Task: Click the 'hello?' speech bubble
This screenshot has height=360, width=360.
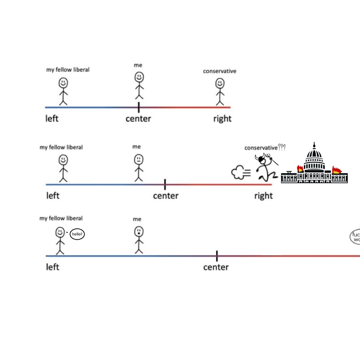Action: (77, 234)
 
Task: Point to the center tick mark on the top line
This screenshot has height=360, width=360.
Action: (139, 107)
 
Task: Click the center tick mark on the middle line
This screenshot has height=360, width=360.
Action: (165, 184)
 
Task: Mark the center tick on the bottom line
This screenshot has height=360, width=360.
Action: (217, 256)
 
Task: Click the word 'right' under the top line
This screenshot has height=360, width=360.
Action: (222, 118)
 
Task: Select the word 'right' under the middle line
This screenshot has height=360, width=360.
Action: (264, 196)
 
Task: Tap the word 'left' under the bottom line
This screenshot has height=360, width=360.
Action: (52, 267)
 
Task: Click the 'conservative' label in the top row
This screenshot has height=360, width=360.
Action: (220, 71)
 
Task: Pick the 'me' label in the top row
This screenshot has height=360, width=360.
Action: (138, 65)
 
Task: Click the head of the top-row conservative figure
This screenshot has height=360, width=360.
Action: (220, 84)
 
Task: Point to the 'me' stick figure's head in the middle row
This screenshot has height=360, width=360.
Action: (138, 159)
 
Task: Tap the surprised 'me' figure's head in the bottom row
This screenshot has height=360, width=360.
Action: (138, 231)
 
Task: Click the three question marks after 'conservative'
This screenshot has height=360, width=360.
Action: (282, 147)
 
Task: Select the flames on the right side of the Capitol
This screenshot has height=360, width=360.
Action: (337, 170)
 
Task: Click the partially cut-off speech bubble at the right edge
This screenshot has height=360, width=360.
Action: (355, 238)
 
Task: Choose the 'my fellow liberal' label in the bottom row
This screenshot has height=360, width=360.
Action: (61, 218)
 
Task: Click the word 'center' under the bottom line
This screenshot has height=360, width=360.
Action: (216, 267)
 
